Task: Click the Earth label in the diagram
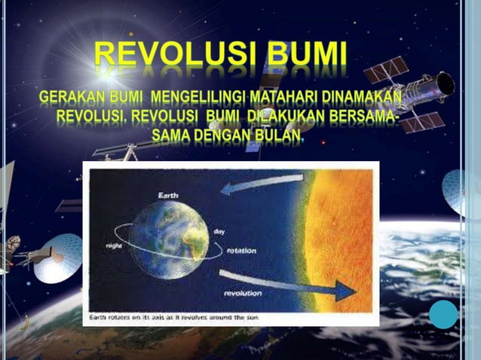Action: click(168, 195)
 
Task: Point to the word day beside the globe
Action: click(220, 231)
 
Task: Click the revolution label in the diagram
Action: click(242, 292)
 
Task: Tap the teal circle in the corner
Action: click(443, 314)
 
